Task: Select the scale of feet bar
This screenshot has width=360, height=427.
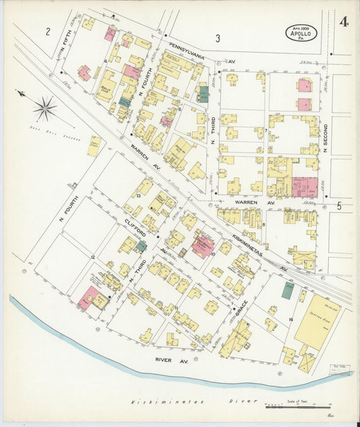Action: click(297, 406)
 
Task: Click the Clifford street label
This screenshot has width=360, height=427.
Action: click(136, 228)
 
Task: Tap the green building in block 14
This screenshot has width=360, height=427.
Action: click(288, 291)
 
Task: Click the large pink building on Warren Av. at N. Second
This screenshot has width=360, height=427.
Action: click(305, 187)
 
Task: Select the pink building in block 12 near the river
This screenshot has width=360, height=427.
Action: click(88, 297)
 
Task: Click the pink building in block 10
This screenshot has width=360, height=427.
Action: click(202, 246)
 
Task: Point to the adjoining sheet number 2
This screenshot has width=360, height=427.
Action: click(48, 31)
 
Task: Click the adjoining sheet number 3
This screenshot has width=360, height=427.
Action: click(217, 39)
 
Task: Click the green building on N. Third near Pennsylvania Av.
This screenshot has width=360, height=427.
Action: click(204, 93)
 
